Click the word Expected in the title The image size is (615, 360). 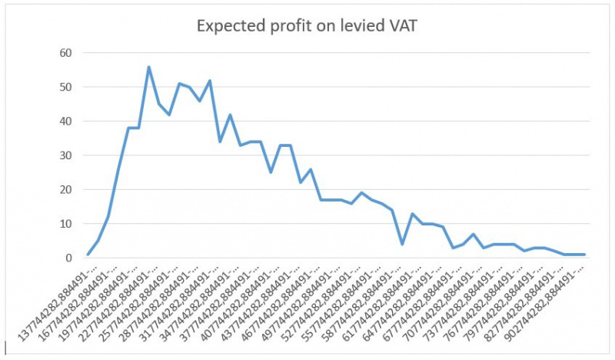[230, 27]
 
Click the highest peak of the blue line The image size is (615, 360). [148, 67]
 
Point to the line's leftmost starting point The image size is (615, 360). [88, 255]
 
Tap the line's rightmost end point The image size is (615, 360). [584, 255]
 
